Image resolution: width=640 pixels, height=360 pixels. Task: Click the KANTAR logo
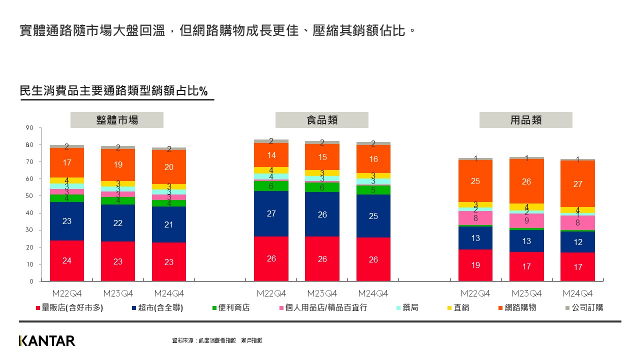47,341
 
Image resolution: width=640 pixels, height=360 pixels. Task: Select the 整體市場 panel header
117,120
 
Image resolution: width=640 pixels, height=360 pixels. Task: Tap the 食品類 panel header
321,120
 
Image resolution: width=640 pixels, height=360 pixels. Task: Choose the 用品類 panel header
525,120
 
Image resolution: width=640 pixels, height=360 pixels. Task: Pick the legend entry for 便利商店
230,307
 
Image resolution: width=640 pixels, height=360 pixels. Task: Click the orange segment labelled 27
577,183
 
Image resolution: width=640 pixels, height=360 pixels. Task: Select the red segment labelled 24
66,260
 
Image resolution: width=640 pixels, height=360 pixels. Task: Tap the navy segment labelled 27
271,213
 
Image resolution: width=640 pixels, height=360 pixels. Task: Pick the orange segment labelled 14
271,155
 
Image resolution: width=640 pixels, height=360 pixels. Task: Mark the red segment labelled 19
475,265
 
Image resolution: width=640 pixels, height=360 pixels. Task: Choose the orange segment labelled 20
169,167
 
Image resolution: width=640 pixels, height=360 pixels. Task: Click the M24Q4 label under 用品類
577,293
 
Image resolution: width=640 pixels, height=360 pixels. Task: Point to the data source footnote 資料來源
217,340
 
